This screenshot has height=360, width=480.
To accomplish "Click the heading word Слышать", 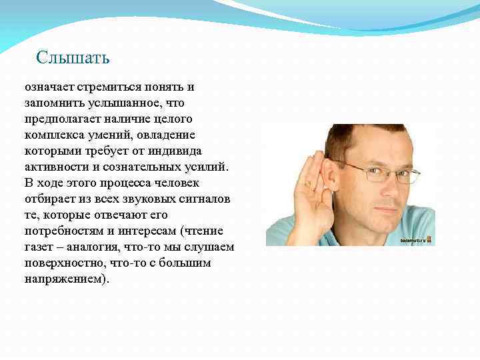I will click(73, 57).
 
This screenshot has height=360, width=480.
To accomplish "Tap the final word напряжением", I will click(65, 279).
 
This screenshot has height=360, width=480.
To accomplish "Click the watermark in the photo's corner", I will click(417, 240).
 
